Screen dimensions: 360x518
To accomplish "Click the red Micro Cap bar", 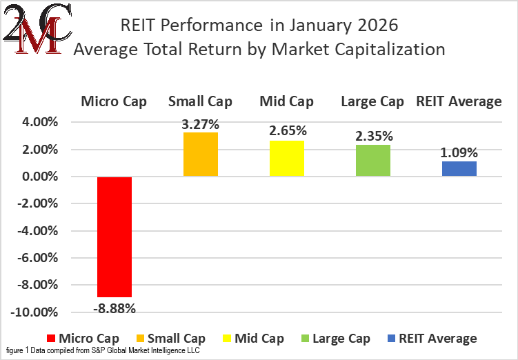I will click(114, 237).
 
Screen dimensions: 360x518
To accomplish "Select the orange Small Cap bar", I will click(201, 154).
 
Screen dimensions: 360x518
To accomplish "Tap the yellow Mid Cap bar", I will click(286, 159).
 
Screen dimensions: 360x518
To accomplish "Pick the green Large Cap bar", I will click(372, 161).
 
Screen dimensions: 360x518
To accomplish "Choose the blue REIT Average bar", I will click(459, 169).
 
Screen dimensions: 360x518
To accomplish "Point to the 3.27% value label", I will click(201, 125).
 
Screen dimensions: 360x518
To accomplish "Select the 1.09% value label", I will click(459, 153).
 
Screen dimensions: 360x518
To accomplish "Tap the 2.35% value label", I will click(372, 137).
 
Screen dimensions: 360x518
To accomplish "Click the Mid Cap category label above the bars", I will click(286, 102).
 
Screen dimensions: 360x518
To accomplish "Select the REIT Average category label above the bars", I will click(459, 102).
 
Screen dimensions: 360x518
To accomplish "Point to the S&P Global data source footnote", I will click(103, 352).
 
